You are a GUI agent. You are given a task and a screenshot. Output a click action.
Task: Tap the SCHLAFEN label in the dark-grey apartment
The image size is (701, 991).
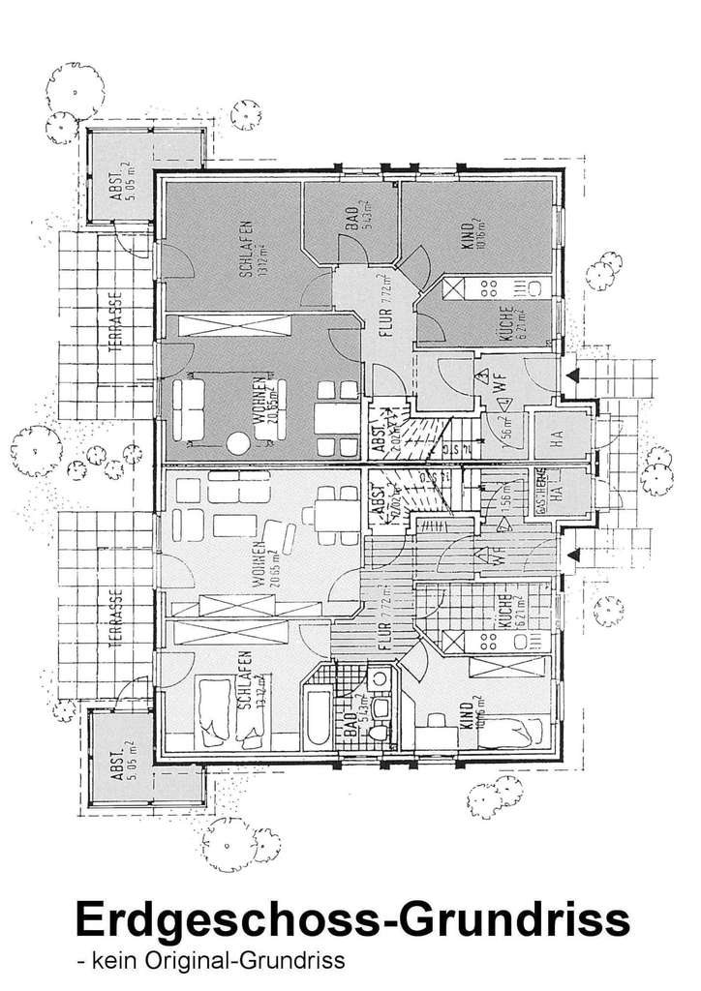247,249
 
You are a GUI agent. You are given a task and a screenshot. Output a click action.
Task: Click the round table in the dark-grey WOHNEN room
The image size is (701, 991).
238,444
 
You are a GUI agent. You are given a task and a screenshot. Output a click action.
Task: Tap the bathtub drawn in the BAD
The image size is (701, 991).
317,715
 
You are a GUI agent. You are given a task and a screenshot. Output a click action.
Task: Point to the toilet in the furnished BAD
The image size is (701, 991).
380,735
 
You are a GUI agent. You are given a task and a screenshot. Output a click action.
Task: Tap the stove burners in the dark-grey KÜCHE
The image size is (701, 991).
491,287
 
